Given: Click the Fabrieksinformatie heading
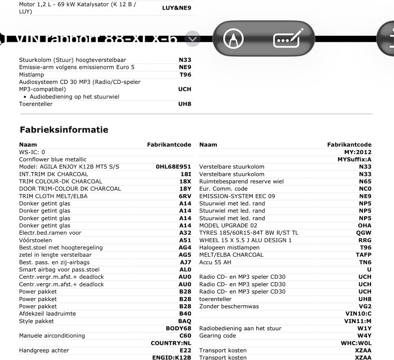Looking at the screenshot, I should tap(64, 130).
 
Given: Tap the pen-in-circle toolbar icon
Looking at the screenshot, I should tap(233, 39).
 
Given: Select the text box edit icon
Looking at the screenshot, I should tap(287, 39).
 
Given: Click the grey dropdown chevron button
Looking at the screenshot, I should tap(192, 39).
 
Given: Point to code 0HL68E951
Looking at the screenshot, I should tap(173, 167).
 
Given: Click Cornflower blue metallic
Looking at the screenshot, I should tap(53, 160).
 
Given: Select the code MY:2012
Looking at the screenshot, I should tap(358, 152).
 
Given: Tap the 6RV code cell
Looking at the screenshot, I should tap(185, 196).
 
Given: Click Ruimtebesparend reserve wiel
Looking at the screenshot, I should tap(241, 181).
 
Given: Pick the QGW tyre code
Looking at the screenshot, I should tap(364, 233).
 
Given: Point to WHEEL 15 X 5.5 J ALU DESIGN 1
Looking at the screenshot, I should tap(245, 240).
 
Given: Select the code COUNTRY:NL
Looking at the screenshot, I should tap(171, 343).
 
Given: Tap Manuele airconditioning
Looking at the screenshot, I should tap(52, 336).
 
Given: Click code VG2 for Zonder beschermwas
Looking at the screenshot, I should tap(365, 306).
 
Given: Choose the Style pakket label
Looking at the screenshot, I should tap(36, 321).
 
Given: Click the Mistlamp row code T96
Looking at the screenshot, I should tap(185, 75).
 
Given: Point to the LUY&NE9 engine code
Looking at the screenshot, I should tap(176, 8).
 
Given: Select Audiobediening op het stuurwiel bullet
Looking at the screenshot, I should tap(74, 97).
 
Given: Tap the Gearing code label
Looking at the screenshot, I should tap(217, 336).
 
